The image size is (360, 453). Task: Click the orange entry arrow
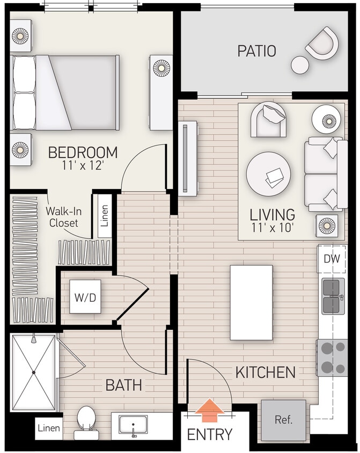coord(209,410)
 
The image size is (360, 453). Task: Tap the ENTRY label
coord(209,434)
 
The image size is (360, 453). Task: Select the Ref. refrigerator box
coord(283,419)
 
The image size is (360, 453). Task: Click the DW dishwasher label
coord(331,259)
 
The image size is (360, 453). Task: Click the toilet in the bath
coord(86,419)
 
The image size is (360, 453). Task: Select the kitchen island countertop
coord(251,303)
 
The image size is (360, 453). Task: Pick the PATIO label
coord(256,52)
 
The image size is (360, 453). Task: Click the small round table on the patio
coord(300,64)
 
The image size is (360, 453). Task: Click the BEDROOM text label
coord(83,152)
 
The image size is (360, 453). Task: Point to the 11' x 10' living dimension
coord(272,227)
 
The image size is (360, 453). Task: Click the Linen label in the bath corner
coord(49,429)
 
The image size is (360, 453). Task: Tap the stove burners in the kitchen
coord(332,357)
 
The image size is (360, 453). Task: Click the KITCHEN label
coord(265,372)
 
